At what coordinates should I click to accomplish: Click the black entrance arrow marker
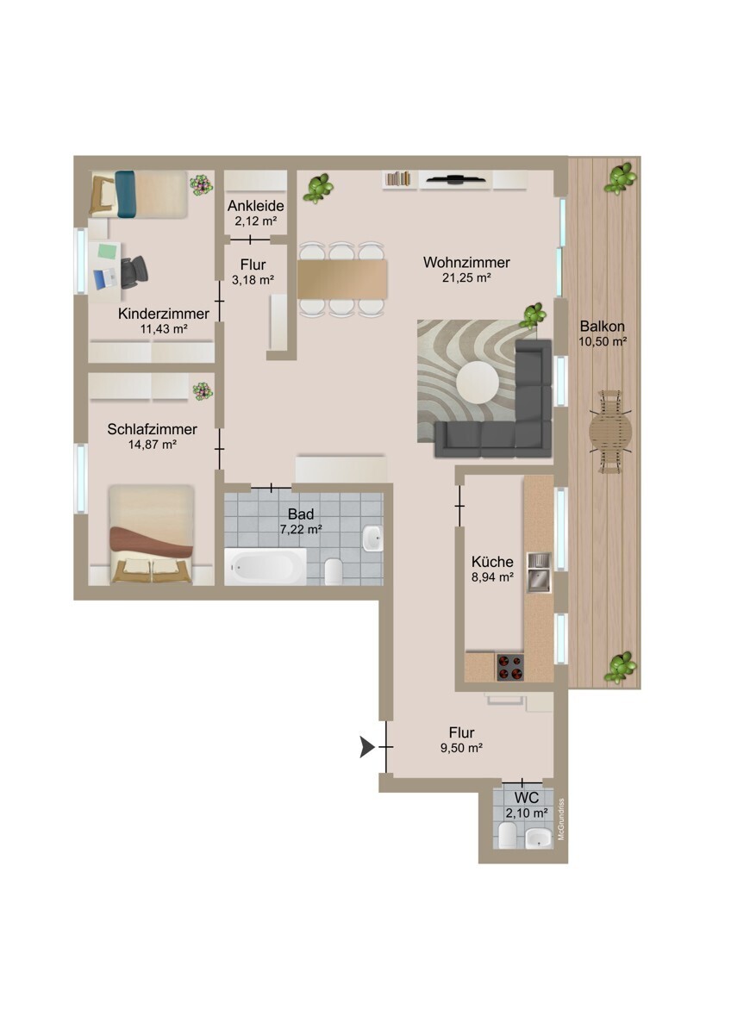click(366, 746)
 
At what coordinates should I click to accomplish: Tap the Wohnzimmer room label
click(466, 263)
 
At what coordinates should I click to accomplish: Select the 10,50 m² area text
click(603, 341)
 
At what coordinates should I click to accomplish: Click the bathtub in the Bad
click(265, 566)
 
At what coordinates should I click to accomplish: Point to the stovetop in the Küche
click(510, 667)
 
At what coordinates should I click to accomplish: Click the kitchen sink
click(539, 572)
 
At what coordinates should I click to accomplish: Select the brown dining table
click(342, 279)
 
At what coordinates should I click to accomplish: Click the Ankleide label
click(256, 205)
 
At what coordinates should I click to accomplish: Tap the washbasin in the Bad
click(372, 538)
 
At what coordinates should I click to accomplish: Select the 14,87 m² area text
click(153, 445)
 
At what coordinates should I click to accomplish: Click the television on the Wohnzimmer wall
click(455, 178)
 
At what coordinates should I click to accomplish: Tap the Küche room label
click(492, 562)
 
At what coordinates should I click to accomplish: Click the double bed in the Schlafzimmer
click(152, 534)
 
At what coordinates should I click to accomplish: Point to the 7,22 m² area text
click(301, 529)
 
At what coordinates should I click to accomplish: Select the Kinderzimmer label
click(164, 314)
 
